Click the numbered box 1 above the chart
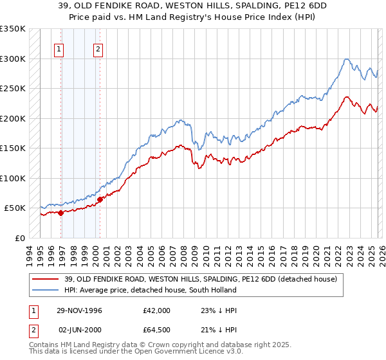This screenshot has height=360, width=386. tap(59, 49)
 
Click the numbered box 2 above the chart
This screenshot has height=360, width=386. tap(98, 49)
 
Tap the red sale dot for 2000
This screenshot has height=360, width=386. tap(100, 199)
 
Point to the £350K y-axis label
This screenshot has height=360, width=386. tap(12, 29)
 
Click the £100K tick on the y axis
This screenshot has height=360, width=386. tap(12, 178)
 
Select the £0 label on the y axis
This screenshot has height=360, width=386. tap(20, 238)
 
